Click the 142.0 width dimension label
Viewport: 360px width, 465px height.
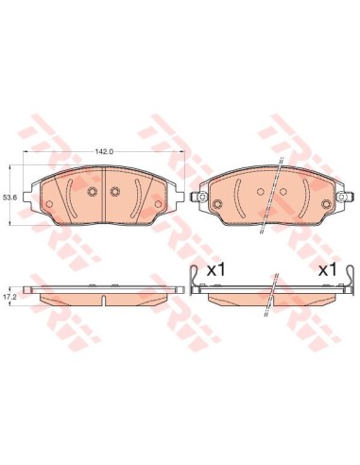tap(104, 150)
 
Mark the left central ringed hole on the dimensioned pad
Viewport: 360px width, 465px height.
tap(92, 193)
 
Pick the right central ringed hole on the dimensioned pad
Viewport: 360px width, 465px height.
tap(115, 193)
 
